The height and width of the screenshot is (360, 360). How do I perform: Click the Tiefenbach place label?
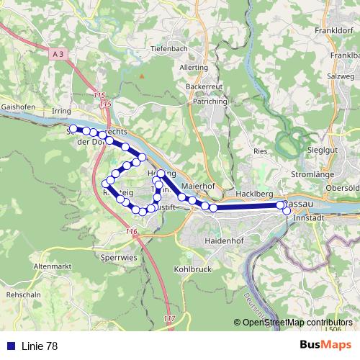coord(168,48)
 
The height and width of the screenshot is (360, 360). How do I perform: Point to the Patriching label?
coord(210,102)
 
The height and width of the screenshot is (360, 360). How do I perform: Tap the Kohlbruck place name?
coord(191,269)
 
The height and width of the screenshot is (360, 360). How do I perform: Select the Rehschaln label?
coord(22,295)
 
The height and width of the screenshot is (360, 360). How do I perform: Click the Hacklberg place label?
coord(255,195)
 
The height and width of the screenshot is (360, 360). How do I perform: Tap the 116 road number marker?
coord(131,231)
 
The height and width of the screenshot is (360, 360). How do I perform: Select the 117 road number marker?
coord(169,318)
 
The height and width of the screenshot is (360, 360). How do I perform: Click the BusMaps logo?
coord(325,346)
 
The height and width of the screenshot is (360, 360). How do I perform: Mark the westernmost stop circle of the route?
coord(73,129)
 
